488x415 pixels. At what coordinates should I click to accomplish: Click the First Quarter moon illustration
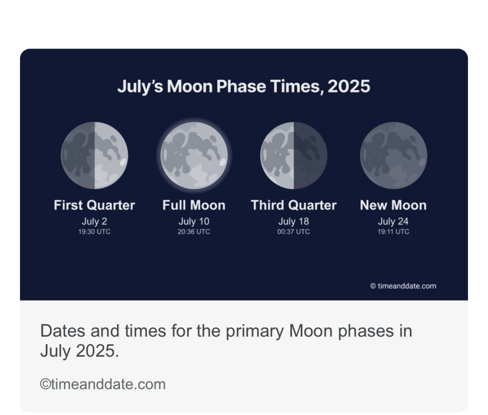coord(94,155)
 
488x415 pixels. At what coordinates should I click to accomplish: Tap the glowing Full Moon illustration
coord(194,155)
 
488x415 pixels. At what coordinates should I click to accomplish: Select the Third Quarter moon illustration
coord(294,155)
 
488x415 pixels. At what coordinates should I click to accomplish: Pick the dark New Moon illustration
coord(394,155)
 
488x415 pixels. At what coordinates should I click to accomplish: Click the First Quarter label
coord(94,205)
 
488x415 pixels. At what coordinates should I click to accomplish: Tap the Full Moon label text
coord(194,205)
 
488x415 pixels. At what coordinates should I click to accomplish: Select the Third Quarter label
coord(294,205)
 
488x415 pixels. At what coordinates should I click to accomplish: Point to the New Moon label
coord(393,205)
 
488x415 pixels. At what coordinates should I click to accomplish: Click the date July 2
coord(94,221)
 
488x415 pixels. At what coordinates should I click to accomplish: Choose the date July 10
coord(194,221)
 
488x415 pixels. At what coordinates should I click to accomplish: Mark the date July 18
coord(294,221)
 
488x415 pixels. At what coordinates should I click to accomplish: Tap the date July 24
coord(393,221)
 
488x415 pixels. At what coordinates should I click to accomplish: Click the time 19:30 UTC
coord(94,232)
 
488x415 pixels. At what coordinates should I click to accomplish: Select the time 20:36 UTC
coord(194,232)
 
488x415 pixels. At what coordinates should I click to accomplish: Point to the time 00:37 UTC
coord(294,232)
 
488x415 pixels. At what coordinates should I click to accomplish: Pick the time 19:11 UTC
coord(393,232)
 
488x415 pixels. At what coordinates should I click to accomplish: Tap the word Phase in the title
coord(241,86)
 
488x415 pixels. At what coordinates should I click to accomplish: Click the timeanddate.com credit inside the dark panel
coord(403,286)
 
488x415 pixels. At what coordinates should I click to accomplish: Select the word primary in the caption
coord(254,332)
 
